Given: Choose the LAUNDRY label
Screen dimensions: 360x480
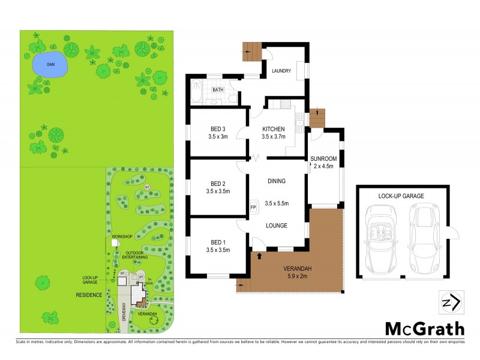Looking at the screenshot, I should click(281, 71).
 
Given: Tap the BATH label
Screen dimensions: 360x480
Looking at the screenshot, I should click(217, 90).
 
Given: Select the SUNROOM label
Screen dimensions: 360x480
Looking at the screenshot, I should click(323, 159).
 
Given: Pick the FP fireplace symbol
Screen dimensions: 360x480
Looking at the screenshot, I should click(253, 208).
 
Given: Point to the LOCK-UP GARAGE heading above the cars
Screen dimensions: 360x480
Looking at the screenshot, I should click(401, 196).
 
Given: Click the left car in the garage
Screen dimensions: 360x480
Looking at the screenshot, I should click(380, 238).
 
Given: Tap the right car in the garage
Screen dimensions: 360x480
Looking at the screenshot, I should click(424, 238).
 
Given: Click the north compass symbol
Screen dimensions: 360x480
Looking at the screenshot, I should click(451, 302).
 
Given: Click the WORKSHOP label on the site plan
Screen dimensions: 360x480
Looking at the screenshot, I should click(121, 238).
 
